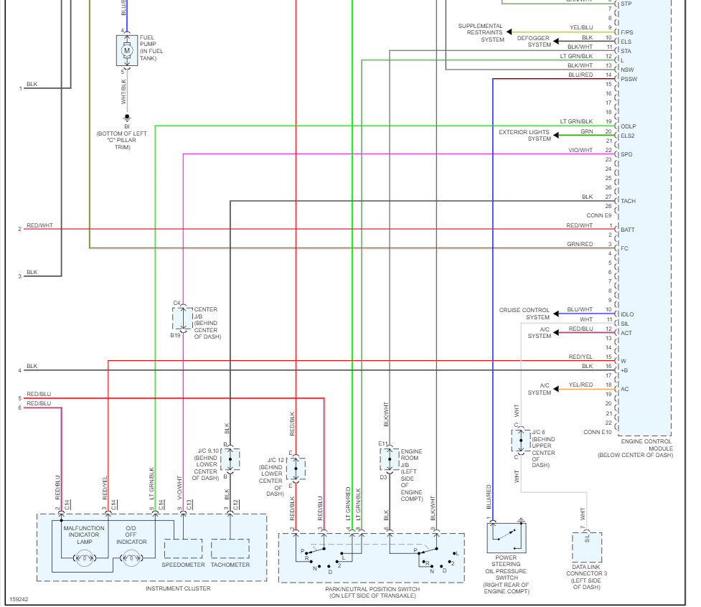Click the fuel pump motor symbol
pyautogui.click(x=127, y=50)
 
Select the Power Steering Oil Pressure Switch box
pyautogui.click(x=507, y=537)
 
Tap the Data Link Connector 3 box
pyautogui.click(x=587, y=547)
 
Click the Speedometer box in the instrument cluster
pyautogui.click(x=184, y=548)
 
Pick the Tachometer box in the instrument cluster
pyautogui.click(x=230, y=548)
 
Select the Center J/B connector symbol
pyautogui.click(x=179, y=318)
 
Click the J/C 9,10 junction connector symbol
pyautogui.click(x=230, y=458)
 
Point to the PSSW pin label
pyautogui.click(x=629, y=79)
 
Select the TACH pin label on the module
pyautogui.click(x=629, y=201)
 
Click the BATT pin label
pyautogui.click(x=628, y=230)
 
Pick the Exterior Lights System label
pyautogui.click(x=524, y=136)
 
